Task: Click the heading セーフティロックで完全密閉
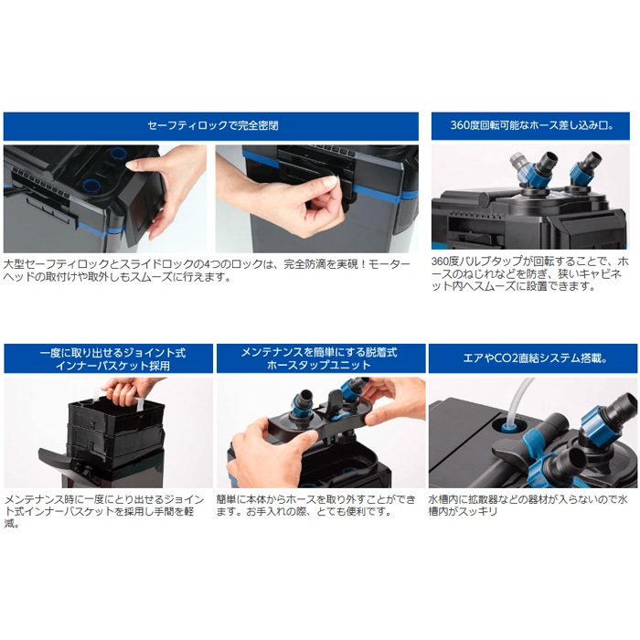click(x=213, y=125)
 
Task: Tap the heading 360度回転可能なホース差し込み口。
click(x=531, y=125)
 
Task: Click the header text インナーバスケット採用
click(x=112, y=366)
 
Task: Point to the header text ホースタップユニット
click(x=319, y=365)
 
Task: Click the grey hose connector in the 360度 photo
click(x=517, y=160)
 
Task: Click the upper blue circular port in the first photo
click(x=118, y=154)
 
